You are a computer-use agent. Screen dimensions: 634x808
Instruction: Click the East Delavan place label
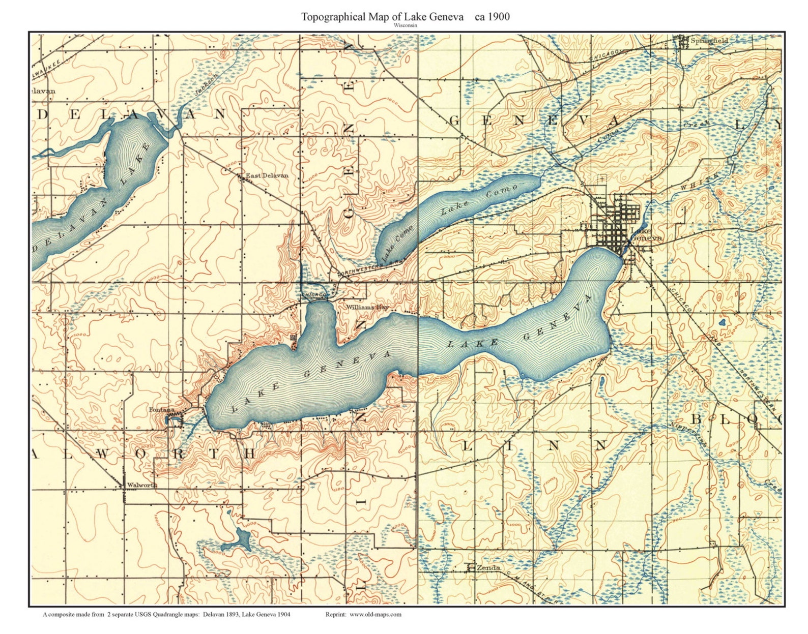[267, 176]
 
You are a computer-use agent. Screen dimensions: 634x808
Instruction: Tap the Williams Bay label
[367, 308]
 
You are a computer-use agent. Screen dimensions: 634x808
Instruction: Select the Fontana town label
[161, 410]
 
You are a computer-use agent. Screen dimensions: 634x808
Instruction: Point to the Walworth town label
[142, 485]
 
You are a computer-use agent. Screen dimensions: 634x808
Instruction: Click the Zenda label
[488, 567]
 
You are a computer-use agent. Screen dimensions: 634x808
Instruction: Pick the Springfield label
[709, 41]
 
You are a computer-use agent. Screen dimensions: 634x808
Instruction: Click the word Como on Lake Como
[502, 192]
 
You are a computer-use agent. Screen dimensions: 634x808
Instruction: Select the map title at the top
[405, 17]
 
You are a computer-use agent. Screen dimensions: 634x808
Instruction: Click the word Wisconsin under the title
[405, 25]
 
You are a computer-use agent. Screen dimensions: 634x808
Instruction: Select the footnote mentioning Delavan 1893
[166, 614]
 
